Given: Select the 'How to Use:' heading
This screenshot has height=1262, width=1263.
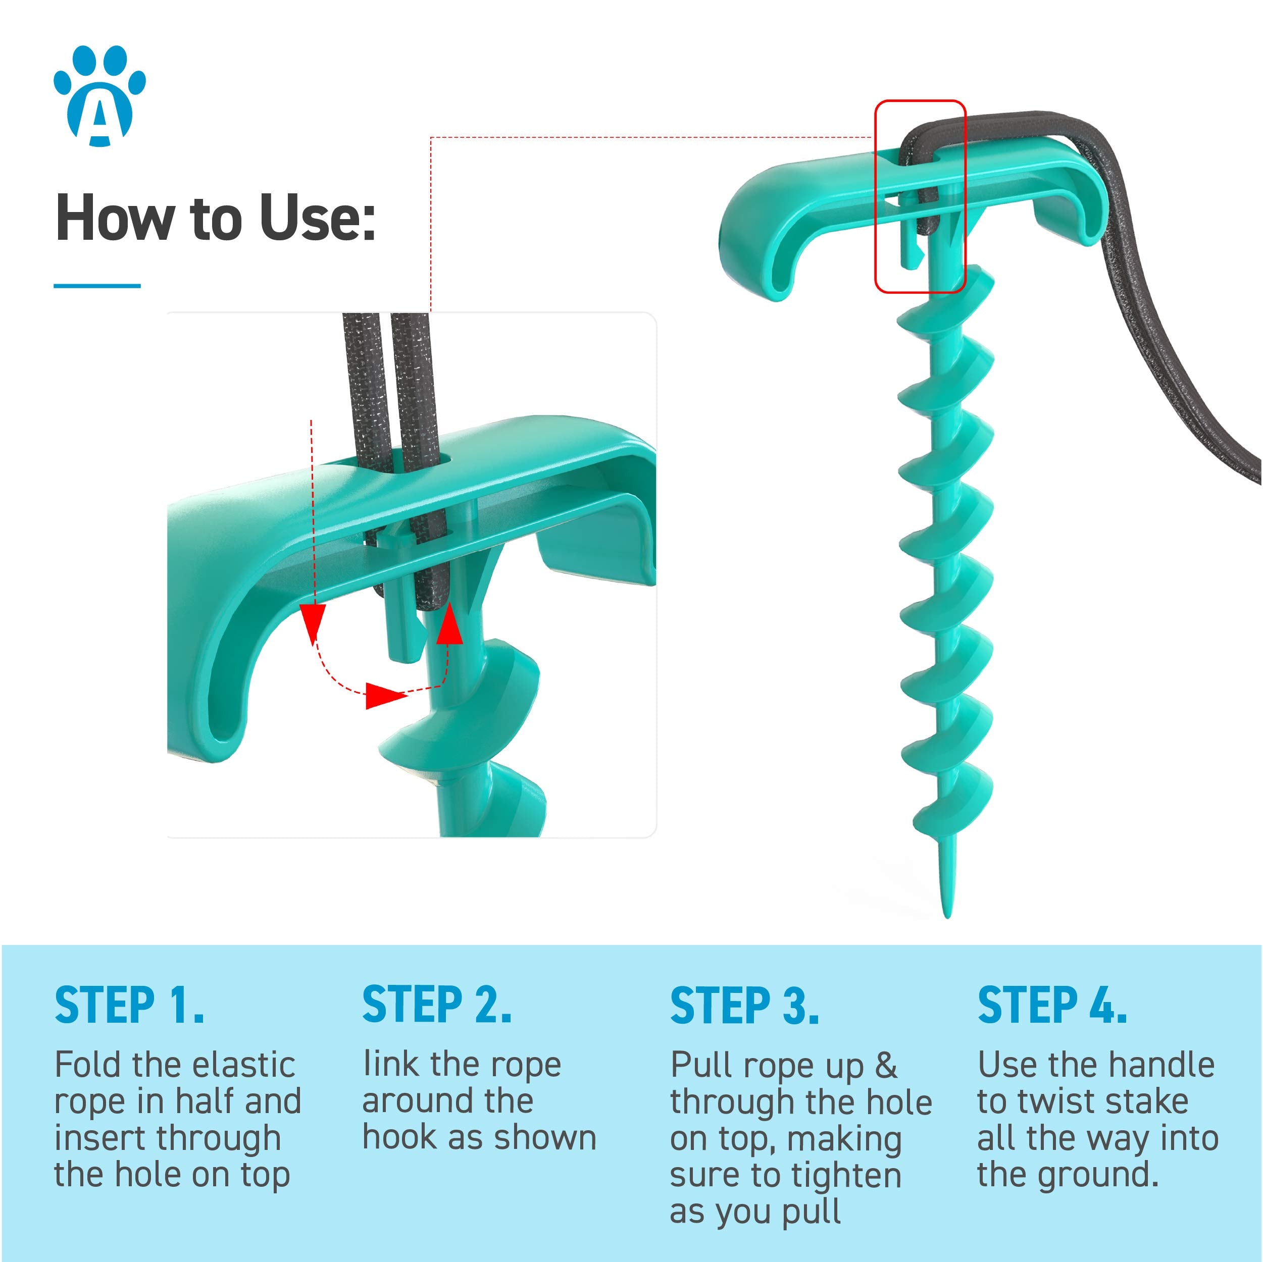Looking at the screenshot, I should tap(216, 218).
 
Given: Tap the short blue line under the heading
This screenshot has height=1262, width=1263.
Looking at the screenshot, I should tap(97, 286).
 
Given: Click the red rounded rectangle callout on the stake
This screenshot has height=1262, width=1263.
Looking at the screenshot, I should tap(920, 196).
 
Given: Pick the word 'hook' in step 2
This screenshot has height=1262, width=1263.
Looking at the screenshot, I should tap(401, 1138).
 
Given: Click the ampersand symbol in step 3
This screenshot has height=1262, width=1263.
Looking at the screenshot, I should tap(886, 1065).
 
